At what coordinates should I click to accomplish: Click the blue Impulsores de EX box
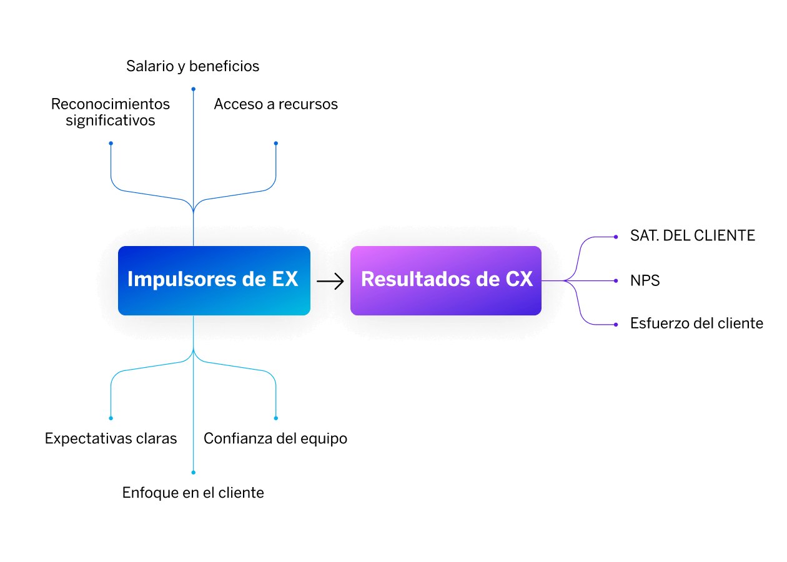coord(214,280)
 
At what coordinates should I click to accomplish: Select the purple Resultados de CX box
coord(446,280)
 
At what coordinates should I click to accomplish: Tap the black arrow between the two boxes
coord(330,282)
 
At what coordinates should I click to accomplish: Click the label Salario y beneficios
coord(192,66)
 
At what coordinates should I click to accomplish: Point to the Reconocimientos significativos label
coord(111,112)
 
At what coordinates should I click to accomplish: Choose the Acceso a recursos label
coord(276,104)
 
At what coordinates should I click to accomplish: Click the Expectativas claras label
coord(111,439)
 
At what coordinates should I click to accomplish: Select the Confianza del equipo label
coord(275,439)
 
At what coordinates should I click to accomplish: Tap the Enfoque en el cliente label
coord(193,493)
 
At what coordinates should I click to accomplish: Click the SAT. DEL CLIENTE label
coord(693,235)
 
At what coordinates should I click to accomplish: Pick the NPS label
coord(645,280)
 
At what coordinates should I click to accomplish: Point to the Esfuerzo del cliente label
coord(696,323)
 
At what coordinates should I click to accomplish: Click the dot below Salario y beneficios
coord(193,89)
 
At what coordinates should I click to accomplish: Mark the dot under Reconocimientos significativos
coord(111,144)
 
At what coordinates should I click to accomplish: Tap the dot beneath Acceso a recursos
coord(276,144)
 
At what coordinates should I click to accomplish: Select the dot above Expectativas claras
coord(111,418)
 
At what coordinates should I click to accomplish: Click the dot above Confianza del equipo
coord(276,418)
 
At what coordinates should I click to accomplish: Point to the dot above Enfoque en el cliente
coord(193,473)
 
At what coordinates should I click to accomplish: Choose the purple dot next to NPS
coord(616,280)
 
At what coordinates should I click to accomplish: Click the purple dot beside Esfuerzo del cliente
coord(616,325)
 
